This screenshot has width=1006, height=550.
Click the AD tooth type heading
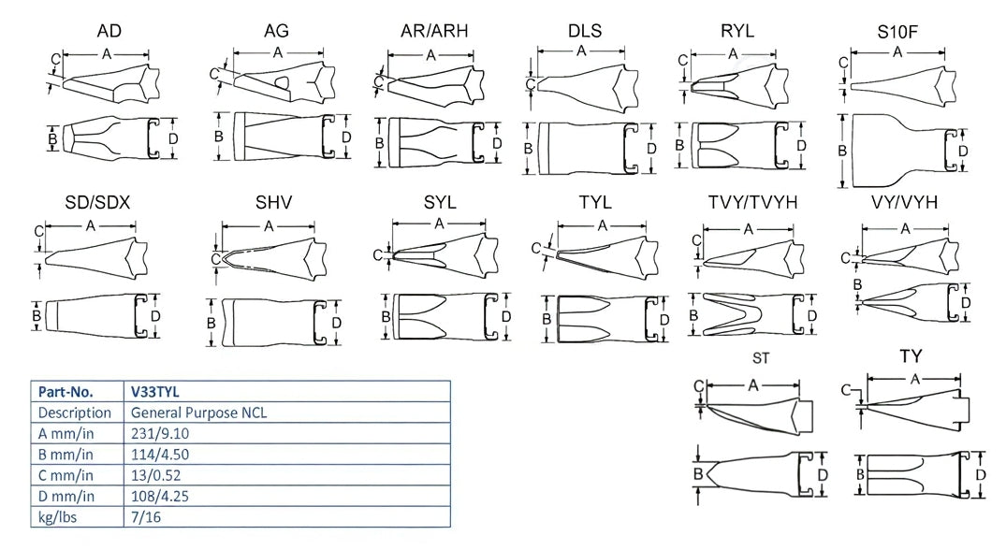point(109,32)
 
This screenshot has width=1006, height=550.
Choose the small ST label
point(761,358)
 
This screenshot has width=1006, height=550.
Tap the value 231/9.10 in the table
point(161,433)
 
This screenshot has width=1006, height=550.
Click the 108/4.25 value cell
point(161,495)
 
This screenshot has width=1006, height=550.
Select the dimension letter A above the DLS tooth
point(581,51)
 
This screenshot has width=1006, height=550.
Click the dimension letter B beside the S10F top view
point(841,150)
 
